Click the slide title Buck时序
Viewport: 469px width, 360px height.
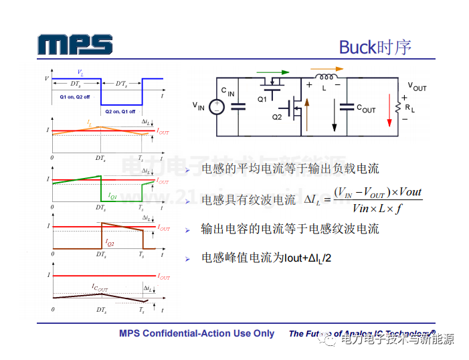point(375,47)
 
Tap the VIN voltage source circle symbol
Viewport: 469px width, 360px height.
point(217,106)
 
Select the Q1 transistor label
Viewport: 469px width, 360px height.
point(262,98)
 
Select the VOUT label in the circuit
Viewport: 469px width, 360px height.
point(417,87)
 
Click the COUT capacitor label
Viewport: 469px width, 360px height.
point(366,108)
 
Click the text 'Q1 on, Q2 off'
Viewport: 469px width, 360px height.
point(75,97)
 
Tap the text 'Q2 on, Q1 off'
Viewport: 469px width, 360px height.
point(120,111)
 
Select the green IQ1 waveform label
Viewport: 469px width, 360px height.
point(112,197)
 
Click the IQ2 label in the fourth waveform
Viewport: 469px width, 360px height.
point(110,244)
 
